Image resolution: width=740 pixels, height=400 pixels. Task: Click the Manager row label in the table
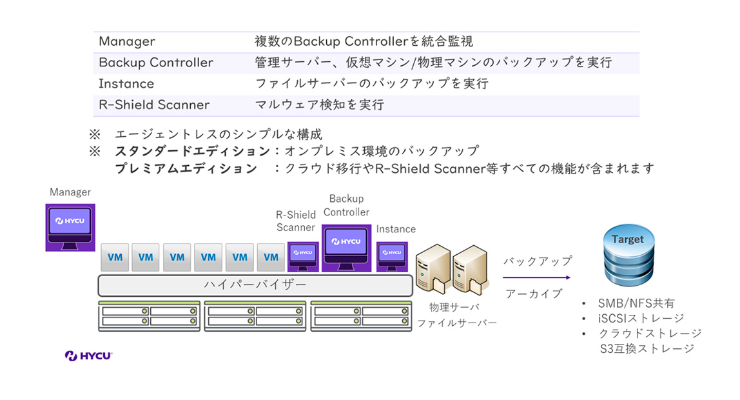click(127, 42)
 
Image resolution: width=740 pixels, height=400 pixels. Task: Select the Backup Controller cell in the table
click(156, 63)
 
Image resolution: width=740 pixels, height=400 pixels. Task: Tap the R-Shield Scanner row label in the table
click(154, 105)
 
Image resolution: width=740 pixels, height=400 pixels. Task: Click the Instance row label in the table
click(126, 84)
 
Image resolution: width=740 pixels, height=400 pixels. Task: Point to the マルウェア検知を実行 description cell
click(320, 105)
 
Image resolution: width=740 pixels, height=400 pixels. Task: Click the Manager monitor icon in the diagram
click(70, 226)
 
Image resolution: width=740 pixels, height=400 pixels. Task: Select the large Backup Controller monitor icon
click(347, 246)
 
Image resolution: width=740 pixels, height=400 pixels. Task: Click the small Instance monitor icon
click(392, 256)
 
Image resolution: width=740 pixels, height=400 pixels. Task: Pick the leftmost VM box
click(115, 257)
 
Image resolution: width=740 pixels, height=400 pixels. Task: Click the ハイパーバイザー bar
click(255, 284)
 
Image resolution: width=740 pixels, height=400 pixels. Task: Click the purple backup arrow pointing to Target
click(536, 277)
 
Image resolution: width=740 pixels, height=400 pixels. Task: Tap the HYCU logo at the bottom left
click(89, 355)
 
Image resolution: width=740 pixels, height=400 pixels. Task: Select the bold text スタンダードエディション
click(192, 152)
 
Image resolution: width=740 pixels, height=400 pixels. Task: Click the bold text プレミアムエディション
click(186, 168)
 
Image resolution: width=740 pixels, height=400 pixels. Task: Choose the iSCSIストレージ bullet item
click(641, 318)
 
